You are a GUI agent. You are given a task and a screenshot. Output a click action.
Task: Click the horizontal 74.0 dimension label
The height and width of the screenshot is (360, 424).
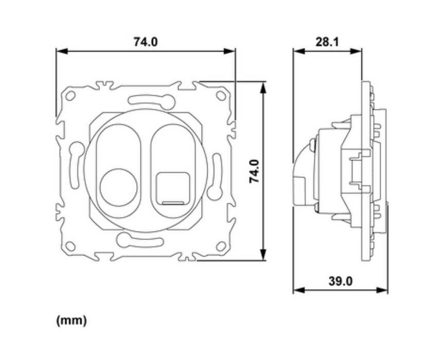pyautogui.click(x=146, y=42)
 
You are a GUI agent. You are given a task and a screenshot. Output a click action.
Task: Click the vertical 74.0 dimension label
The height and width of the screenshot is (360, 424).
pyautogui.click(x=254, y=171)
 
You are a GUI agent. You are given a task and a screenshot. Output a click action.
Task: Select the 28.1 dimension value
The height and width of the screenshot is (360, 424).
pyautogui.click(x=327, y=42)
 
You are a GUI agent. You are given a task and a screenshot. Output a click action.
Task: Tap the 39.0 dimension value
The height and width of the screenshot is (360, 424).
pyautogui.click(x=341, y=281)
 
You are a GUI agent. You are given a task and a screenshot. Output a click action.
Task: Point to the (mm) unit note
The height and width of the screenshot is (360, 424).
pyautogui.click(x=72, y=320)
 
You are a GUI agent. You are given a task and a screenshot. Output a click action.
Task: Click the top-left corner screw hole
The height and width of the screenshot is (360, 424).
pyautogui.click(x=70, y=96)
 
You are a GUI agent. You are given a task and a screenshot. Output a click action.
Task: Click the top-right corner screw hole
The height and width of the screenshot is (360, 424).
pyautogui.click(x=221, y=96)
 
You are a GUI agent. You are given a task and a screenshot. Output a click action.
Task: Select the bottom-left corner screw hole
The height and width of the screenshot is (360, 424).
pyautogui.click(x=70, y=246)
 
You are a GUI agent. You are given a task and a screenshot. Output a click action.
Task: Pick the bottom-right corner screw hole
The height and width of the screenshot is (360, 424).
pyautogui.click(x=221, y=246)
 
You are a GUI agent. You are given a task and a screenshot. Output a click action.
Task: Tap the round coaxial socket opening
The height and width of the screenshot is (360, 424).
pyautogui.click(x=118, y=187)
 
